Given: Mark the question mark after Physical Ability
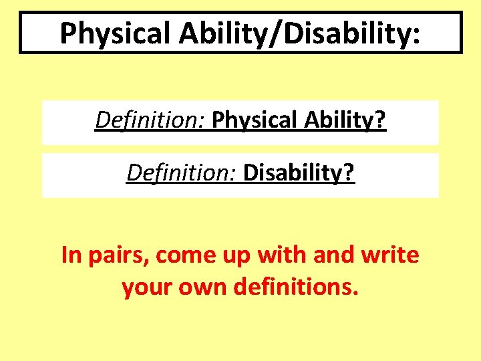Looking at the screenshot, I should tap(380, 122).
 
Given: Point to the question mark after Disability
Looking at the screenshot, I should tap(349, 174).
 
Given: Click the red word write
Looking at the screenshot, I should tap(391, 255).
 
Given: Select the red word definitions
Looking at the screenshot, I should tap(294, 287).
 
